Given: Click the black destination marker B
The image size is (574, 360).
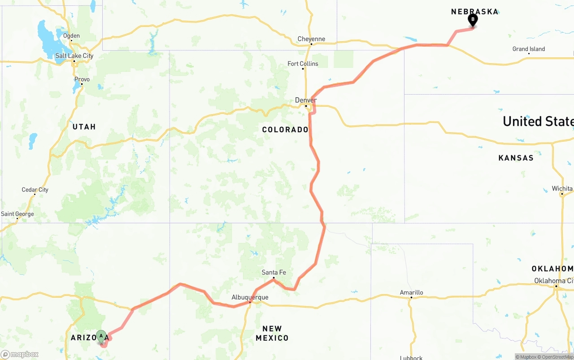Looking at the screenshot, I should (473, 20).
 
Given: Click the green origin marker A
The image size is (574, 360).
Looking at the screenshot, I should (101, 336).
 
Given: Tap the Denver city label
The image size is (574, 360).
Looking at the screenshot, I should (305, 100).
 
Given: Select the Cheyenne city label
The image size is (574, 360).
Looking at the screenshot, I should (311, 39).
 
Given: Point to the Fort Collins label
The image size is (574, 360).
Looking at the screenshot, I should (303, 64).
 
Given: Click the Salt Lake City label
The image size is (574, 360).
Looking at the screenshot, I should (74, 56).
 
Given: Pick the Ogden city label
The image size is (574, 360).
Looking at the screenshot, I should (71, 36).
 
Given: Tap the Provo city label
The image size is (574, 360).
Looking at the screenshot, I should (82, 79).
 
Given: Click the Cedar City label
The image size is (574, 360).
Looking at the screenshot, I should (35, 190).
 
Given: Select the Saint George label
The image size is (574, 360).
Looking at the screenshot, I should (17, 214).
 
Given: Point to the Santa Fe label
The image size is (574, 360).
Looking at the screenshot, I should (274, 272).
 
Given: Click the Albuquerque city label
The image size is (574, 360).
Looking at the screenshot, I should (250, 297).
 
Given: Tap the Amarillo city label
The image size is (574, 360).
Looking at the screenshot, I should (411, 292).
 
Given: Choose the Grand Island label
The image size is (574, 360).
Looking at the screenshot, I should (529, 49).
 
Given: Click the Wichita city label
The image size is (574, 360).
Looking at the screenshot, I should (562, 188).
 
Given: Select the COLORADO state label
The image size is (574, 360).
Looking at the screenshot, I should (285, 130).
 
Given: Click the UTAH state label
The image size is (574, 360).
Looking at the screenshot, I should (84, 127).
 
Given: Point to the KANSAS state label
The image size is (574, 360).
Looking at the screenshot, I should (516, 158).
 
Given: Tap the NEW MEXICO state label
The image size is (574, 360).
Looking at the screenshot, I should (272, 333).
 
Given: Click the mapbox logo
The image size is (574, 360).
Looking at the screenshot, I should (20, 354).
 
